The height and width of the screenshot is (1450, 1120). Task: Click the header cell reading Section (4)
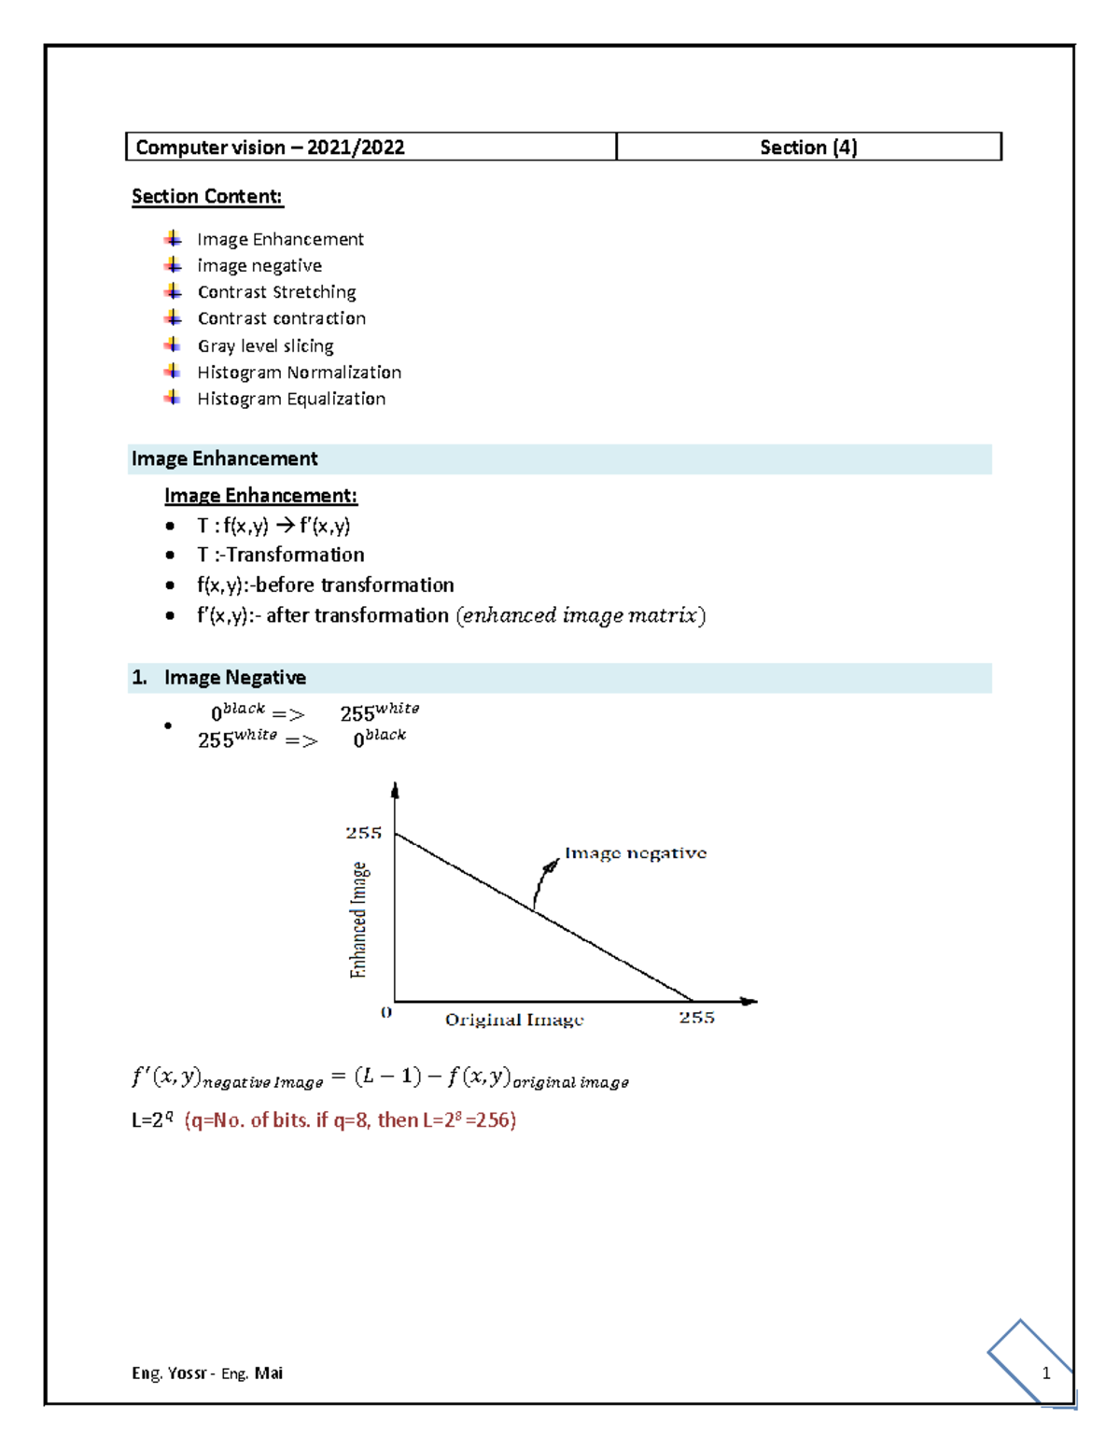click(x=808, y=148)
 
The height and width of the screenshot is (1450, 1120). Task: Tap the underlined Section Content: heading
click(x=207, y=197)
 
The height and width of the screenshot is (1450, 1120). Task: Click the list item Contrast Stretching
click(x=276, y=292)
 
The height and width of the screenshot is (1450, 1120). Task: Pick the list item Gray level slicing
click(x=265, y=346)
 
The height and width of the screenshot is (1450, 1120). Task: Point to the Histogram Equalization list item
click(x=291, y=400)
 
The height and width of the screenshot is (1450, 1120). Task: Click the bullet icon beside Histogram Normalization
click(x=173, y=372)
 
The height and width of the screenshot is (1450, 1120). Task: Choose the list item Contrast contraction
click(x=281, y=319)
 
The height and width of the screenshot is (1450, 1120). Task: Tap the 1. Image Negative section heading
click(x=233, y=678)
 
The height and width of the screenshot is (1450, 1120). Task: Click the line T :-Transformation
click(x=280, y=556)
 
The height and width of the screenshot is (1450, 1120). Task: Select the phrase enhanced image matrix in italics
click(x=581, y=616)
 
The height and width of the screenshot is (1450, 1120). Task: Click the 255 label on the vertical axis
click(x=363, y=833)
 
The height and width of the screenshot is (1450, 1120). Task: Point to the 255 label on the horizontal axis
click(x=696, y=1018)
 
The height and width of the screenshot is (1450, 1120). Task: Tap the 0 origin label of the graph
click(x=386, y=1013)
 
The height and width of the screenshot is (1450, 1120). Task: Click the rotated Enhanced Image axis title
click(x=358, y=920)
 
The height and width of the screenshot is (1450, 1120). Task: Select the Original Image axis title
click(x=514, y=1020)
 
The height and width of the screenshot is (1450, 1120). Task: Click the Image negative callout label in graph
click(x=636, y=853)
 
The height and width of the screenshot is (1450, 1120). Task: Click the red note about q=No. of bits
click(x=350, y=1120)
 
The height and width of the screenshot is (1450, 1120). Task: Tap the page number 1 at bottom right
click(x=1046, y=1373)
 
